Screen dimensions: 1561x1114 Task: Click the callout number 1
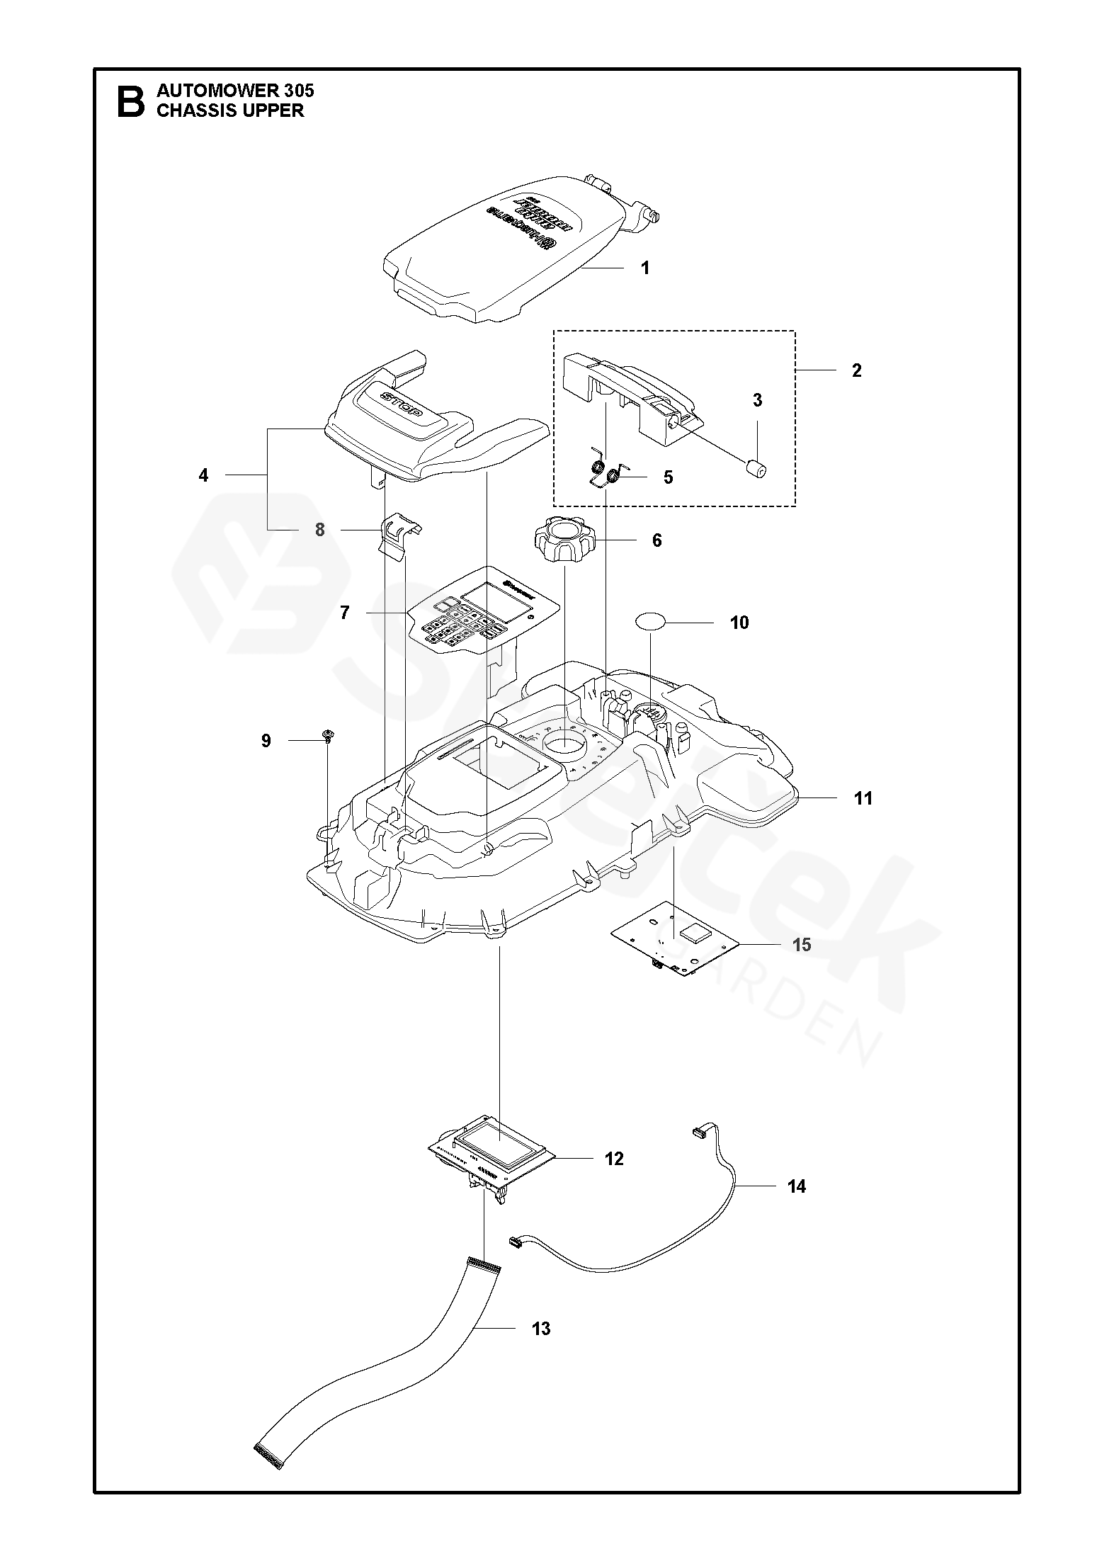pyautogui.click(x=644, y=268)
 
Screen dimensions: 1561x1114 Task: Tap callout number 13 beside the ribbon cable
pyautogui.click(x=540, y=1329)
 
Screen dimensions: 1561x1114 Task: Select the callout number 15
pyautogui.click(x=802, y=945)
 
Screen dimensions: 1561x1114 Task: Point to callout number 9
pyautogui.click(x=266, y=741)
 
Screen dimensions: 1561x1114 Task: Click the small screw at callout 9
pyautogui.click(x=329, y=737)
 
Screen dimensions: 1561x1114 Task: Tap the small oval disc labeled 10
pyautogui.click(x=650, y=622)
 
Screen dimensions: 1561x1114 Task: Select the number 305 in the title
pyautogui.click(x=297, y=91)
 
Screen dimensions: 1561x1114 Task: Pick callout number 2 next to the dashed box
pyautogui.click(x=856, y=370)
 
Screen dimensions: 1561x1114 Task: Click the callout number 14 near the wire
pyautogui.click(x=797, y=1186)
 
